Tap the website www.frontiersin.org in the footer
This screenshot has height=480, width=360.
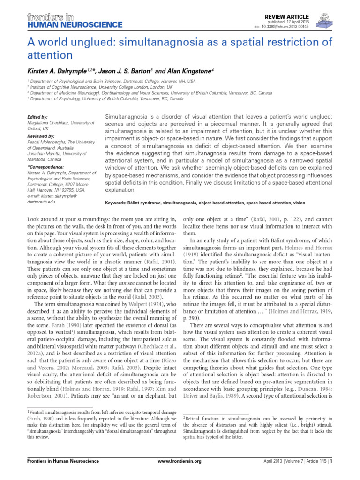coord(180,461)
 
